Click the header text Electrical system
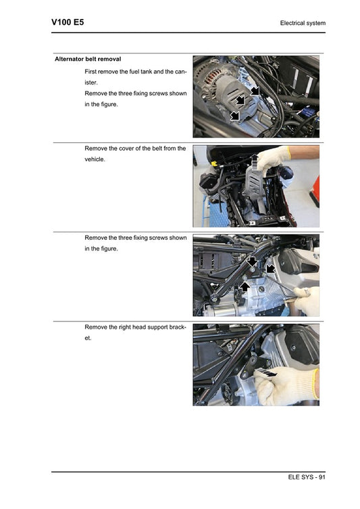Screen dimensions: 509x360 click(x=303, y=24)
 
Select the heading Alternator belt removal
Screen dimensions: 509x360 click(x=88, y=59)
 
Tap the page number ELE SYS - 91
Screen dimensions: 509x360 click(x=307, y=478)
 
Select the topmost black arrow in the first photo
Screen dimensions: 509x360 click(x=255, y=90)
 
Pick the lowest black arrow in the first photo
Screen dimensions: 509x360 click(x=235, y=116)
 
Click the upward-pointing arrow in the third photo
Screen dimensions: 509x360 click(x=246, y=288)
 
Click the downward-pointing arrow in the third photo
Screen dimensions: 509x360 click(x=251, y=261)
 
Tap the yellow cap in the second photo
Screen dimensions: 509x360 click(x=213, y=163)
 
